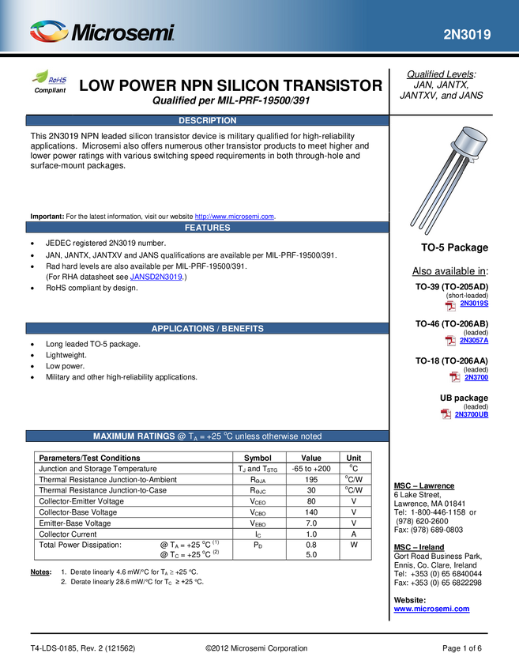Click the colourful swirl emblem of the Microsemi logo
pyautogui.click(x=49, y=32)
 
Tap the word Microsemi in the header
pyautogui.click(x=123, y=34)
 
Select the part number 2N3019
pyautogui.click(x=466, y=35)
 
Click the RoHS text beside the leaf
pyautogui.click(x=58, y=80)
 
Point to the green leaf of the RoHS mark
pyautogui.click(x=40, y=77)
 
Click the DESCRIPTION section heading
pyautogui.click(x=207, y=121)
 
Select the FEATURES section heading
pyautogui.click(x=207, y=228)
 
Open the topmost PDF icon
pyautogui.click(x=450, y=305)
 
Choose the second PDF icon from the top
pyautogui.click(x=450, y=341)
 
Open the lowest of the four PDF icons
pyautogui.click(x=446, y=414)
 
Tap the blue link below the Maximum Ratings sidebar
pyautogui.click(x=431, y=609)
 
